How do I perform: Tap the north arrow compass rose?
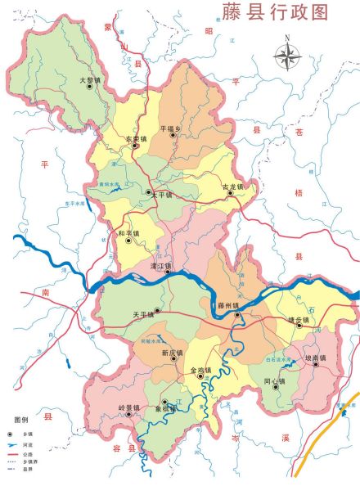click(287, 55)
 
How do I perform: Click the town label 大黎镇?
click(89, 79)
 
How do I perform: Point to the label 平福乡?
click(171, 128)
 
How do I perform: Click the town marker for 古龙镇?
click(231, 194)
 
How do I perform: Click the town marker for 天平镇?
click(157, 312)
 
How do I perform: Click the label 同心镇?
click(275, 380)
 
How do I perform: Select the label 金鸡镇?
click(200, 370)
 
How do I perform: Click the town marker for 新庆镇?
click(173, 360)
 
